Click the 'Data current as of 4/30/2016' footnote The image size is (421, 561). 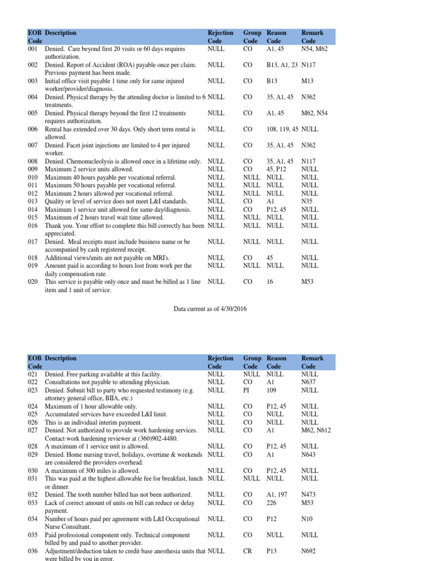coord(210,309)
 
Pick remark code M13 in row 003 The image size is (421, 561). coord(308,81)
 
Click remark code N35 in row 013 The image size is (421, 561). coord(307,201)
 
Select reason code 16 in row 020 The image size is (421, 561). coord(270,282)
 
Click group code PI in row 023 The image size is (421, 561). coord(246,390)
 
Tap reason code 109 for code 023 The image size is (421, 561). coord(271,390)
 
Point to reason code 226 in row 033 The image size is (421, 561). coord(271,502)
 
